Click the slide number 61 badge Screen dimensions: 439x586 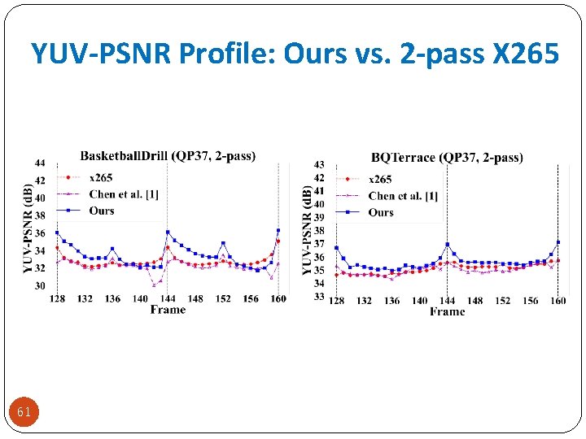[x=24, y=412]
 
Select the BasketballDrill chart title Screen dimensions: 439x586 [x=168, y=155]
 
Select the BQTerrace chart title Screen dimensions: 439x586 [x=447, y=157]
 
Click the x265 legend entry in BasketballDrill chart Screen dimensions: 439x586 [x=101, y=177]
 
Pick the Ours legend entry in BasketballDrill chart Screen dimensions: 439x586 [x=101, y=211]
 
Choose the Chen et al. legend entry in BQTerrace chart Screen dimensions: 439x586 [x=402, y=196]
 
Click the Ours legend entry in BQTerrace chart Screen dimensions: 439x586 [x=380, y=212]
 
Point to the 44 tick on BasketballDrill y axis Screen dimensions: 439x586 [x=40, y=163]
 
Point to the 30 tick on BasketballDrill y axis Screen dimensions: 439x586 [x=40, y=286]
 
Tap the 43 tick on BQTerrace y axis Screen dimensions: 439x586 [x=319, y=165]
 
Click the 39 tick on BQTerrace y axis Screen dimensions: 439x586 [x=319, y=217]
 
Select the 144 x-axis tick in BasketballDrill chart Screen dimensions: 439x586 [x=168, y=298]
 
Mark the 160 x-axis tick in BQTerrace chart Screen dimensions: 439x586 [x=558, y=301]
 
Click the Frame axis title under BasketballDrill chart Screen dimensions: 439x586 [x=168, y=310]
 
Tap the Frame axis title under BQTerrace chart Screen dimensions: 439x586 [x=447, y=311]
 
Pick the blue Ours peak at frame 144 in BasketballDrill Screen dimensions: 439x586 [x=168, y=232]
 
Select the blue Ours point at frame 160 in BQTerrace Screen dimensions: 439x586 [x=558, y=242]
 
